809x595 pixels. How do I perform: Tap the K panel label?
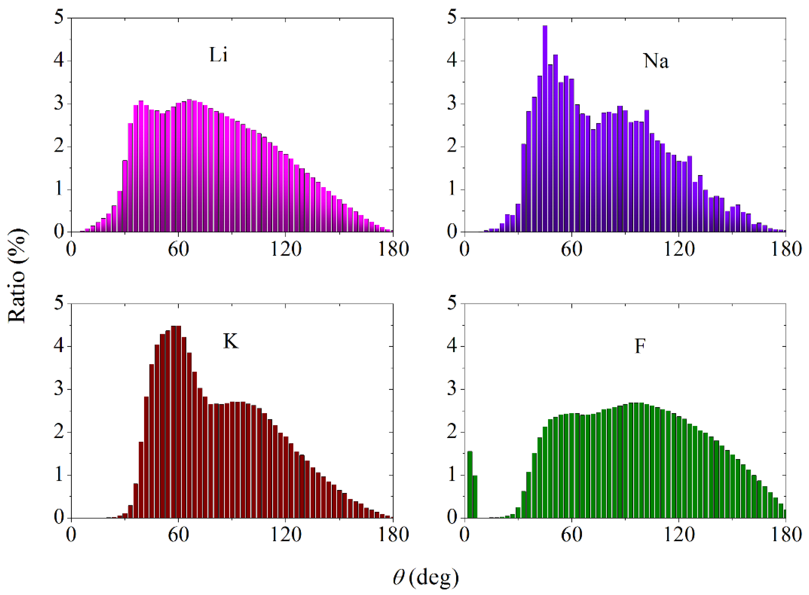point(230,341)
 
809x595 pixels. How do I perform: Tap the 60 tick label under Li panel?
point(178,249)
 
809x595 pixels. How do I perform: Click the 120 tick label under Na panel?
point(679,249)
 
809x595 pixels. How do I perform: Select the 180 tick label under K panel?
point(393,535)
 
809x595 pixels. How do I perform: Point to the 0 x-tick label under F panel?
point(464,535)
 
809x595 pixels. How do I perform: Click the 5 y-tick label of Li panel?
point(59,17)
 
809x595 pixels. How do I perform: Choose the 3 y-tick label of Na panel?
point(452,103)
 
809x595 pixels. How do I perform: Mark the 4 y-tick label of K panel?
point(59,346)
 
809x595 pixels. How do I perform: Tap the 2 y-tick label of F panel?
point(452,432)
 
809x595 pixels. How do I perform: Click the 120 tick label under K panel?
point(285,535)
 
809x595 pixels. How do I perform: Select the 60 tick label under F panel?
point(571,535)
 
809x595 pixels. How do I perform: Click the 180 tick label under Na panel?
point(786,249)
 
